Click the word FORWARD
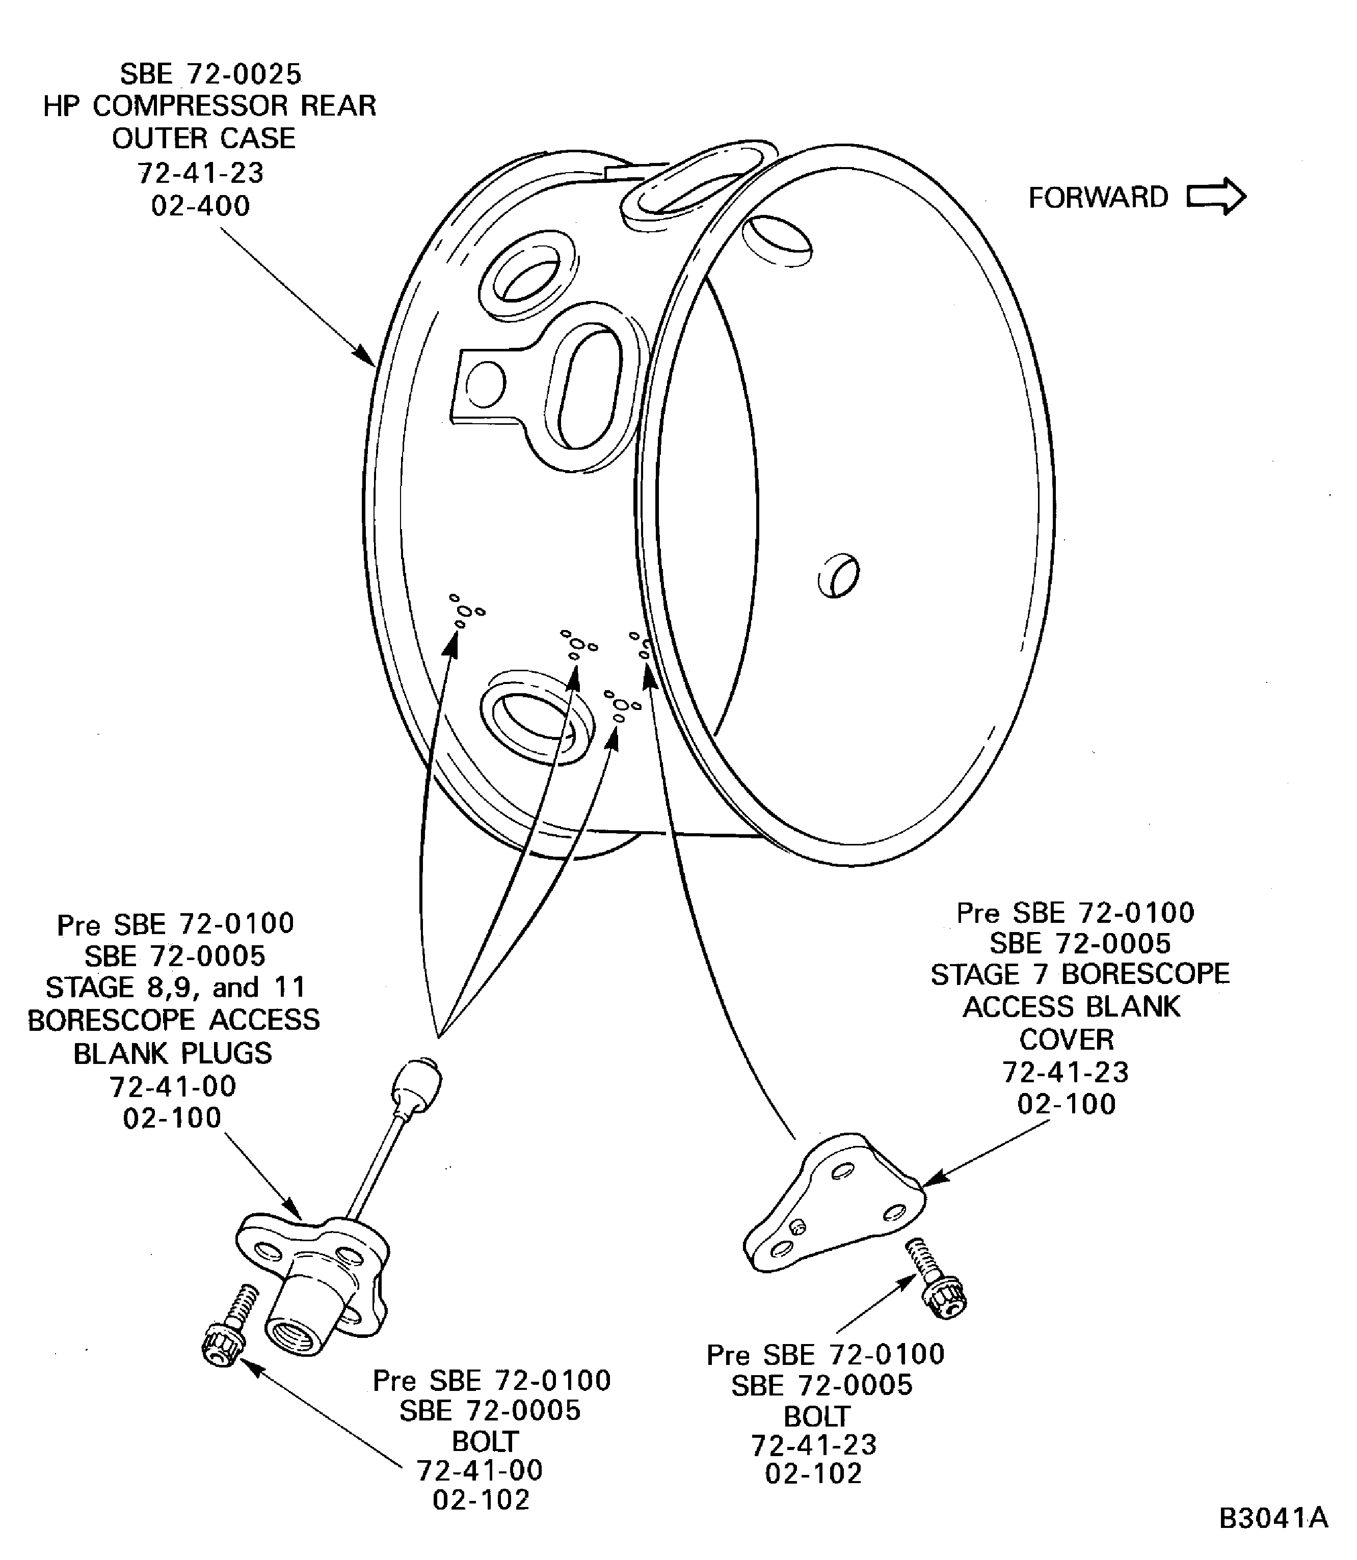1098,198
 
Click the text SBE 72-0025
210,74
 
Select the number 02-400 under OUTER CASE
201,206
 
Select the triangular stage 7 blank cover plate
833,1203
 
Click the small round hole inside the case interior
838,576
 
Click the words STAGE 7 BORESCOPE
1080,974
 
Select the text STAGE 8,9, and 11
176,987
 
